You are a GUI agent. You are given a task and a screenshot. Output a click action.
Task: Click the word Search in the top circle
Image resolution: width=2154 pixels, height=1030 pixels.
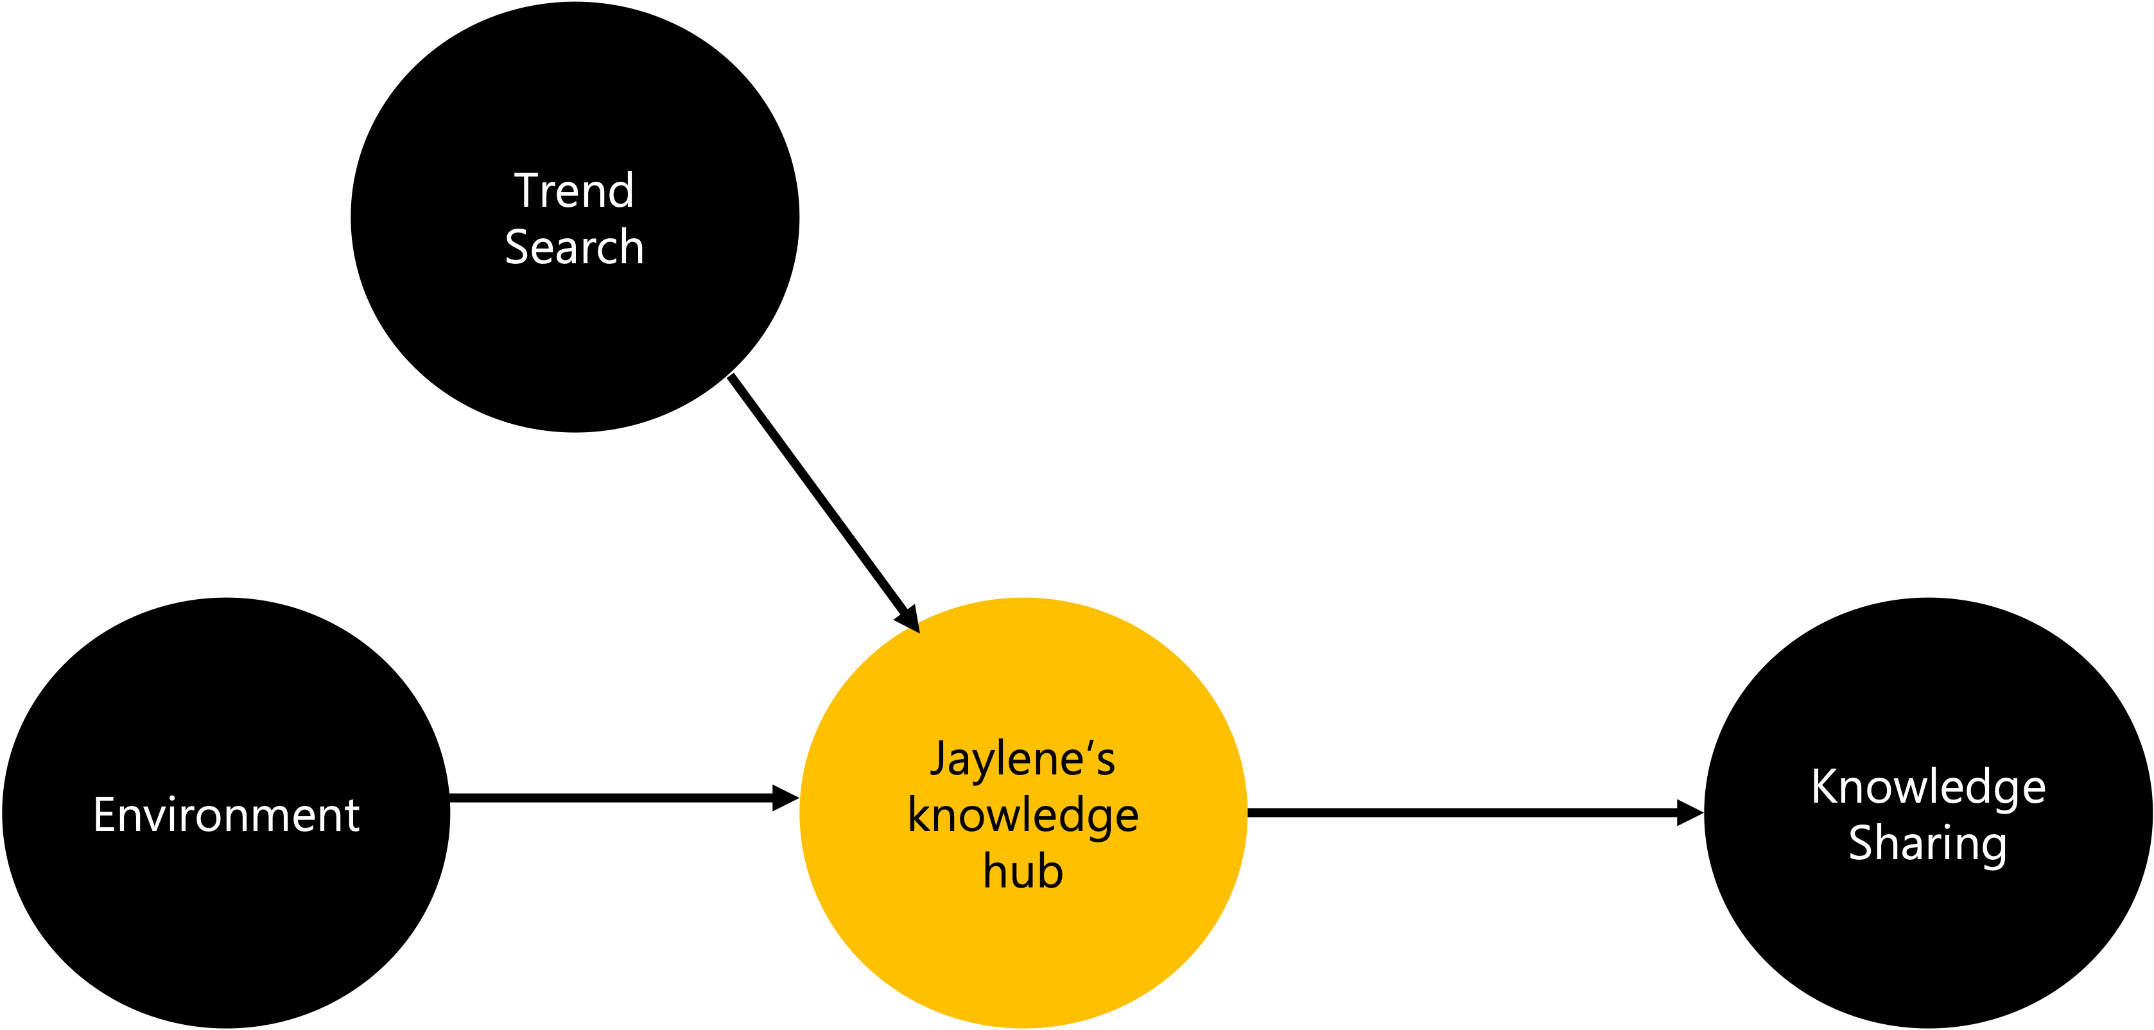[x=575, y=247]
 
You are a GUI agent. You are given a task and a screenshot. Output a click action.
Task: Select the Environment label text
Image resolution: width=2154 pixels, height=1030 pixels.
[x=227, y=814]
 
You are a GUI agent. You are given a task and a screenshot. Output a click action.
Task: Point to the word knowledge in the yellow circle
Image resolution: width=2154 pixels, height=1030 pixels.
[x=1023, y=817]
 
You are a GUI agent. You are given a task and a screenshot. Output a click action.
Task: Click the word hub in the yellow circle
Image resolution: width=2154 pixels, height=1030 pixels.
[x=1023, y=871]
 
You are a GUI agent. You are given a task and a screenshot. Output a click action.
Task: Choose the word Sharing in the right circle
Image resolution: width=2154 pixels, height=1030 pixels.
[x=1927, y=844]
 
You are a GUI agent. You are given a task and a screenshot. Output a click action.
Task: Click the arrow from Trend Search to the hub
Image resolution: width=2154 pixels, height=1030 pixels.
[x=824, y=504]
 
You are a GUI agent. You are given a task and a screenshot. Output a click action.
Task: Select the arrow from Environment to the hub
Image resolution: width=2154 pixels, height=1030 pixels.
[x=625, y=798]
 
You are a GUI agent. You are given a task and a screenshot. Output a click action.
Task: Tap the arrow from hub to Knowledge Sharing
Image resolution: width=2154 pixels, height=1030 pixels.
[x=1476, y=812]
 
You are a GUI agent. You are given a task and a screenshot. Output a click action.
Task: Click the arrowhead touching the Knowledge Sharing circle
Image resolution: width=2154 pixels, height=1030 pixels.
[x=1690, y=812]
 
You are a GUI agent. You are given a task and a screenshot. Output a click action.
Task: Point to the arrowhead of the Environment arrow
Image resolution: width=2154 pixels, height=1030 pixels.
[x=786, y=798]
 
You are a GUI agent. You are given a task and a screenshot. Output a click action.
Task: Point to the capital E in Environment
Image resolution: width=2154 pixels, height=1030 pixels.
[x=105, y=814]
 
